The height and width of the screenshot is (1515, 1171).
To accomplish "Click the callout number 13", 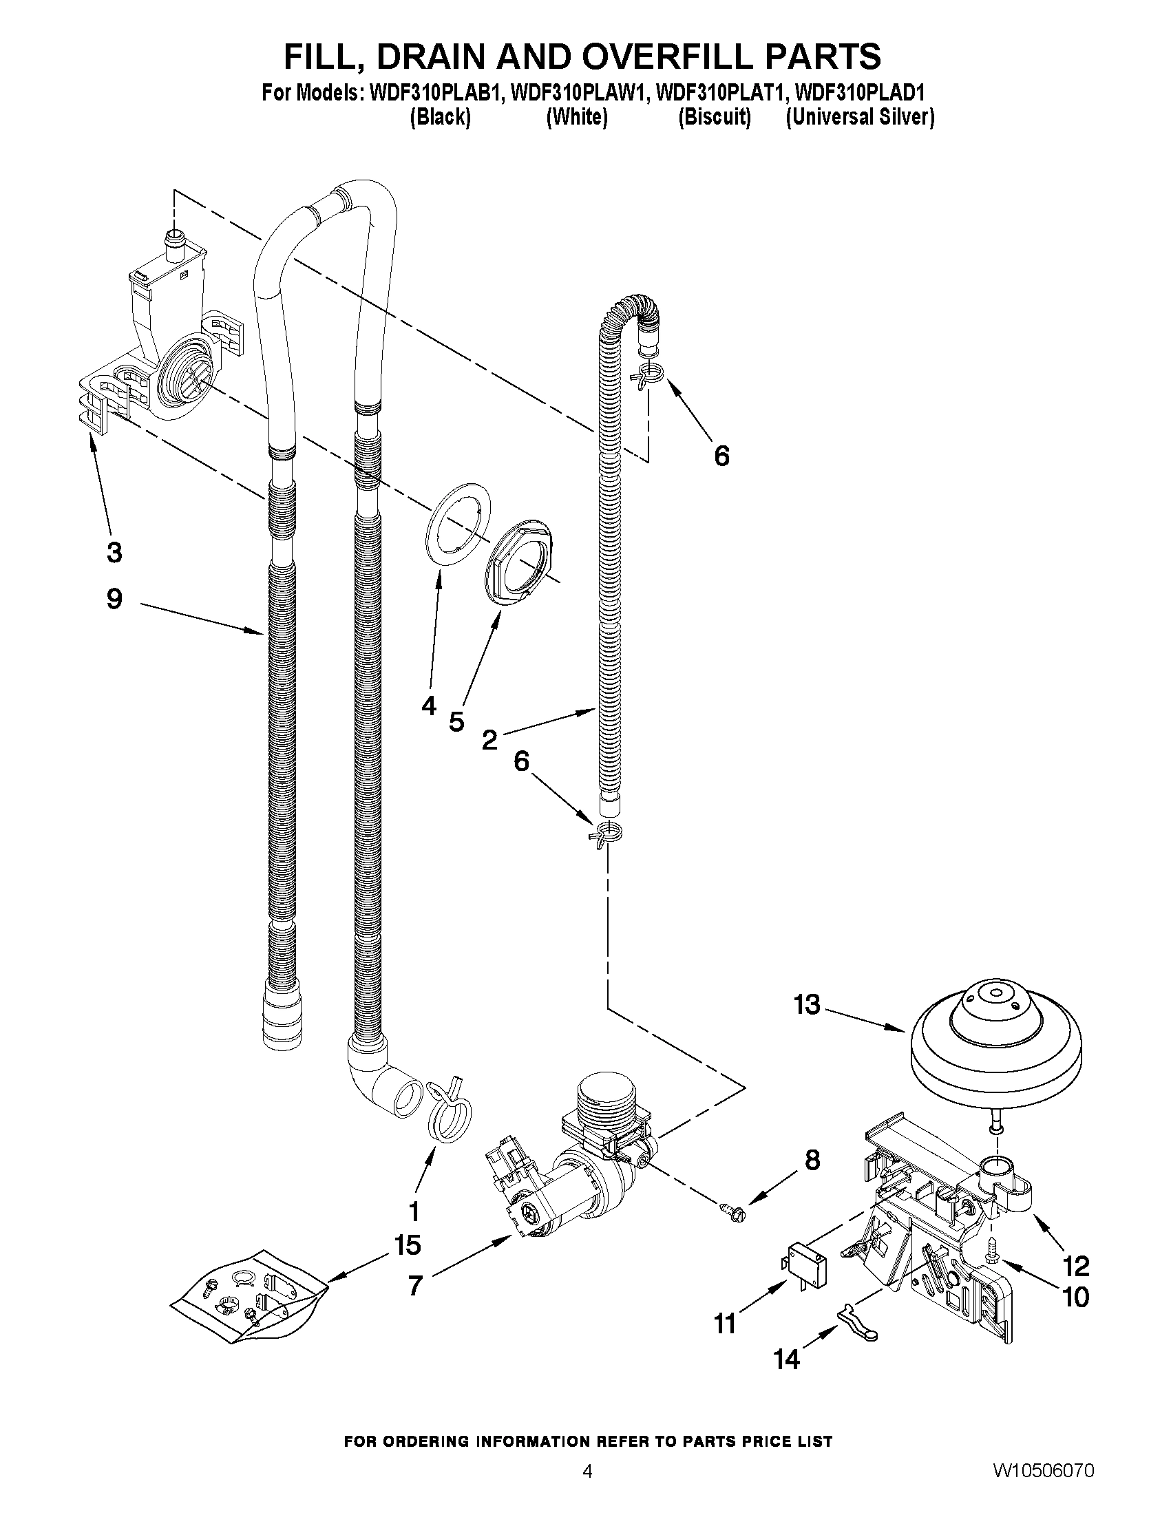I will coord(807,1004).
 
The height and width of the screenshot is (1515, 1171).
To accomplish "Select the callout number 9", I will coord(114,599).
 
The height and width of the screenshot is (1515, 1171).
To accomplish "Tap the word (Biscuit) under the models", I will coord(715,117).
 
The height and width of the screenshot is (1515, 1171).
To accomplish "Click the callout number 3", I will coord(114,553).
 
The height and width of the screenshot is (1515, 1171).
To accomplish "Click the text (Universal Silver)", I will coord(861,117).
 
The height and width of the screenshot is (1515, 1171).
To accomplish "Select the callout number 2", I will coord(489,740).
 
